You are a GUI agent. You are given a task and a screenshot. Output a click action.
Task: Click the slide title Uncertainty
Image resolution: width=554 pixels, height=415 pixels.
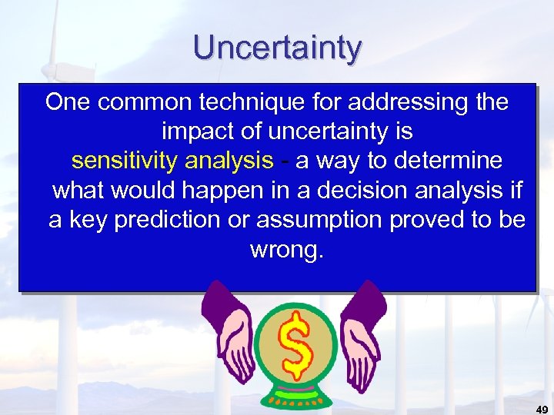tap(277, 48)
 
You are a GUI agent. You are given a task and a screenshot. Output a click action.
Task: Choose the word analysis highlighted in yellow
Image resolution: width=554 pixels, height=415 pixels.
tap(229, 161)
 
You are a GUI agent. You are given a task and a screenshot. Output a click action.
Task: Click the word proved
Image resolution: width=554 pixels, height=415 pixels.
tap(429, 221)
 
